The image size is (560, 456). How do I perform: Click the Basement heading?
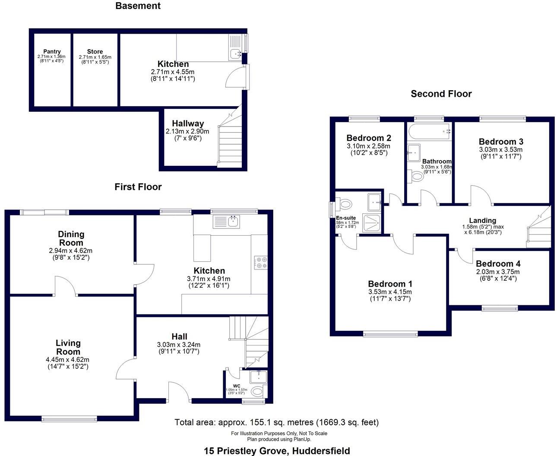[138, 6]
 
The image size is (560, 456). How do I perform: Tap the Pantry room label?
[52, 52]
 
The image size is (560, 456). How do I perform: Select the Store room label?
[95, 52]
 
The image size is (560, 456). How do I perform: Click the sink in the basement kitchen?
[235, 54]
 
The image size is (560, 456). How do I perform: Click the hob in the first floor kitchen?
[261, 263]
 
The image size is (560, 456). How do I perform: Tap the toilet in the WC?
[258, 392]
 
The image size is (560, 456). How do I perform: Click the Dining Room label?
[71, 238]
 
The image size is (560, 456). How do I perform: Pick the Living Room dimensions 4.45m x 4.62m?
[68, 359]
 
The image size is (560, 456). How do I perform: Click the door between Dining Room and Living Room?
[65, 287]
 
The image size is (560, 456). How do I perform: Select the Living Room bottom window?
[69, 418]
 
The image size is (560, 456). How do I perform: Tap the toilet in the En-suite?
[346, 203]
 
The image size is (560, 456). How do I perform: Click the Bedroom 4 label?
[498, 264]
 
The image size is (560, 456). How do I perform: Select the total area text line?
[276, 422]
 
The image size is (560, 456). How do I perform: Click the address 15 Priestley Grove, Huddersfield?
[277, 451]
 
